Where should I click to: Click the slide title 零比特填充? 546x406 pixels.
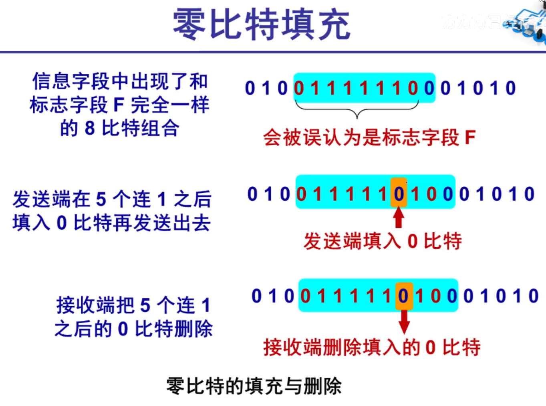[x=262, y=25]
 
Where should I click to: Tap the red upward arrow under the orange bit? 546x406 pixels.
[x=398, y=218]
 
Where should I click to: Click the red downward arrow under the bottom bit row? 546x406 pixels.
[x=404, y=321]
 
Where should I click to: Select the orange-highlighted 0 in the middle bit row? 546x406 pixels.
[x=399, y=194]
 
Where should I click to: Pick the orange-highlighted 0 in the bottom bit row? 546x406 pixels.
[x=403, y=296]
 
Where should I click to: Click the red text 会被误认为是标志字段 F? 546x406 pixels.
[x=369, y=138]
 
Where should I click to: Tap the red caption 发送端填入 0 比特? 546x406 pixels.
[x=383, y=241]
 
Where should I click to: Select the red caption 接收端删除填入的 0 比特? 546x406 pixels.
[x=372, y=347]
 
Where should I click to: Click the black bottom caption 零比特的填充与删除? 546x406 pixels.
[x=254, y=386]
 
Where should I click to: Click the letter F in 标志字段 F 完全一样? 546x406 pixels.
[x=119, y=105]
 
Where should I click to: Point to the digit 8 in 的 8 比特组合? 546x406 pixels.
[x=90, y=129]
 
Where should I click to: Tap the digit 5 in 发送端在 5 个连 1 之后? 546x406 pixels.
[x=101, y=199]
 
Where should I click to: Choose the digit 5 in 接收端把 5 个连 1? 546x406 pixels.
[x=145, y=306]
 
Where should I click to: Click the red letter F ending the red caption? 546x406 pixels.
[x=470, y=138]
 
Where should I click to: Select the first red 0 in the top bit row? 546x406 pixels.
[x=299, y=88]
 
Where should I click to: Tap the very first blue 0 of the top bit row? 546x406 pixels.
[x=250, y=88]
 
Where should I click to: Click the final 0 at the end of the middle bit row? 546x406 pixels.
[x=529, y=194]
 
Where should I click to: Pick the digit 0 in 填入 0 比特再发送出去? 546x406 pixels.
[x=61, y=223]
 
